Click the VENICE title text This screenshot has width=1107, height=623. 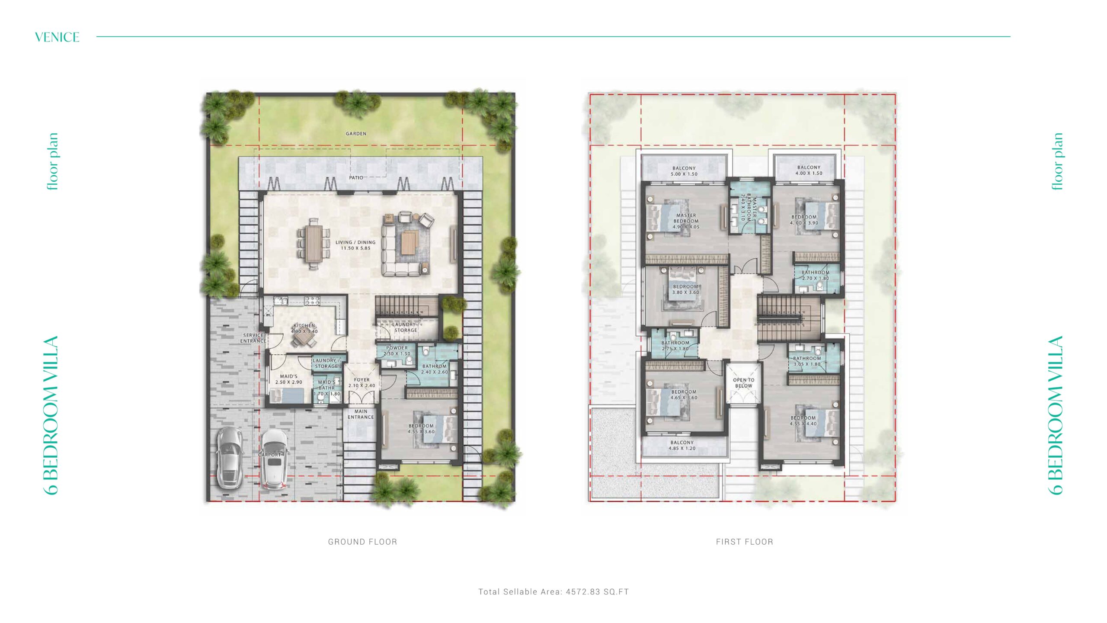(57, 37)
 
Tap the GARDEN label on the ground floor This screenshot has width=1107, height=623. (356, 134)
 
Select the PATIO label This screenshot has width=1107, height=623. (356, 178)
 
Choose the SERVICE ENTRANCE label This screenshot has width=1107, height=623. (253, 338)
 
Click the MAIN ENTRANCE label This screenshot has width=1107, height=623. (361, 414)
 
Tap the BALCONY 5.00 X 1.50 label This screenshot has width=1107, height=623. (684, 171)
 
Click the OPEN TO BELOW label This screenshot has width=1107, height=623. (744, 383)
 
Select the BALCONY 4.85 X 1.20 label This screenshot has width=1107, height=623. (682, 446)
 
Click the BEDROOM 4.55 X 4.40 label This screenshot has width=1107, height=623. (803, 421)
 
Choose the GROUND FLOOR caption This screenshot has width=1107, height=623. (362, 542)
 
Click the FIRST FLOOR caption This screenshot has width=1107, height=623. (744, 542)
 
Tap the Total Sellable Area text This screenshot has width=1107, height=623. (553, 592)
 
